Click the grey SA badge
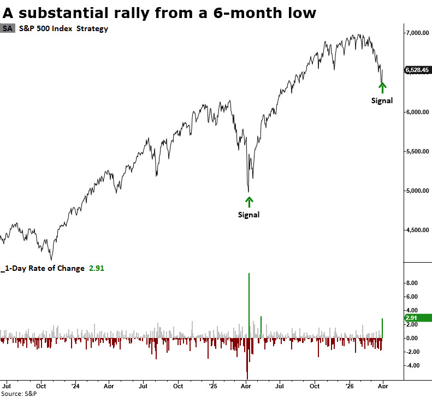coord(8,28)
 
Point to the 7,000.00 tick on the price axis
coord(416,33)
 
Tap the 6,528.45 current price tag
coord(417,70)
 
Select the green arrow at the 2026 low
coord(382,87)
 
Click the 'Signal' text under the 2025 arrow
coord(249,215)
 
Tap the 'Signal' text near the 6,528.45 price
coord(382,100)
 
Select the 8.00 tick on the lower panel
coord(412,283)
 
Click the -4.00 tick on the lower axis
coord(411,366)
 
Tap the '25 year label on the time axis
coord(211,385)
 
